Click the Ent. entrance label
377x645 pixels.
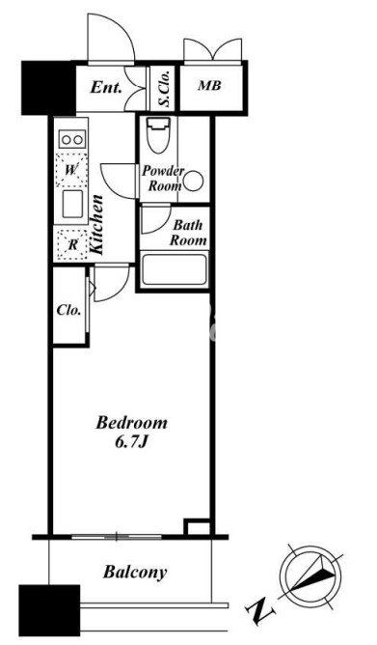coord(106,87)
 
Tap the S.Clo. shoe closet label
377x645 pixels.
coord(165,88)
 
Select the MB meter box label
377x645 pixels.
coord(209,86)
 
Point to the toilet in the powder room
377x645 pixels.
coord(158,135)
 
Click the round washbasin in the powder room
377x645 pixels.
coord(193,182)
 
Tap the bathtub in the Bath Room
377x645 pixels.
coord(174,269)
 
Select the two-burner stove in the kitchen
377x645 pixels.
coord(72,139)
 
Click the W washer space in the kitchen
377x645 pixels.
coord(71,170)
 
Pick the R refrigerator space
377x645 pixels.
coord(72,245)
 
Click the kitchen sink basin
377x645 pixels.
coord(72,204)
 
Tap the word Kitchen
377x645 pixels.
coord(97,225)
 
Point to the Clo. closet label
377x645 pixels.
coord(68,310)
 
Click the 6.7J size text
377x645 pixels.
coord(131,442)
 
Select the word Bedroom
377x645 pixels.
coord(131,423)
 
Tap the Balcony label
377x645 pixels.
coord(135,572)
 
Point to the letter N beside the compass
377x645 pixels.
coord(260,610)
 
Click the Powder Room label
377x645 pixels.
coord(163,179)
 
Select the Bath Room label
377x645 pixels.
coord(188,233)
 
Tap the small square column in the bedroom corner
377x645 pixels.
coord(197,527)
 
